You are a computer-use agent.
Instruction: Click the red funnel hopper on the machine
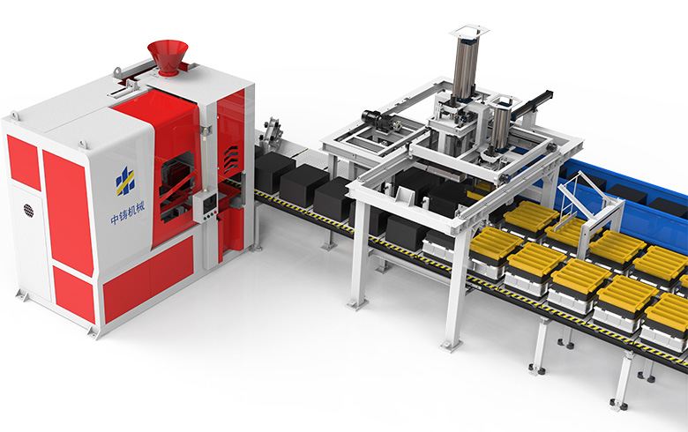click(x=168, y=57)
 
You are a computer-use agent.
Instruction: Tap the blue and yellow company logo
click(x=125, y=181)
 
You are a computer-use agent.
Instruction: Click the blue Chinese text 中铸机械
click(x=127, y=213)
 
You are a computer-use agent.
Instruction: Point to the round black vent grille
click(x=28, y=211)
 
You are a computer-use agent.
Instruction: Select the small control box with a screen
click(x=206, y=207)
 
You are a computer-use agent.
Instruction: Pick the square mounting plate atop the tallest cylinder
click(x=469, y=32)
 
